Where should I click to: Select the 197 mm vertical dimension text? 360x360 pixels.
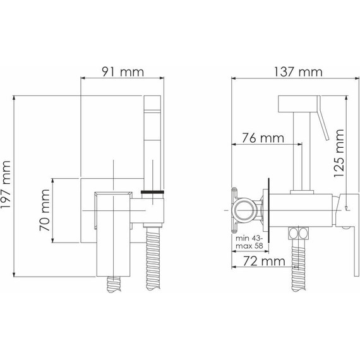pyautogui.click(x=8, y=188)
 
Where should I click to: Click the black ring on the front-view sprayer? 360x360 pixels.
pyautogui.click(x=155, y=190)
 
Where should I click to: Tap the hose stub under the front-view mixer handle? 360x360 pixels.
pyautogui.click(x=114, y=282)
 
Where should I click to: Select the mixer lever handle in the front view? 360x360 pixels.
pyautogui.click(x=114, y=234)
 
